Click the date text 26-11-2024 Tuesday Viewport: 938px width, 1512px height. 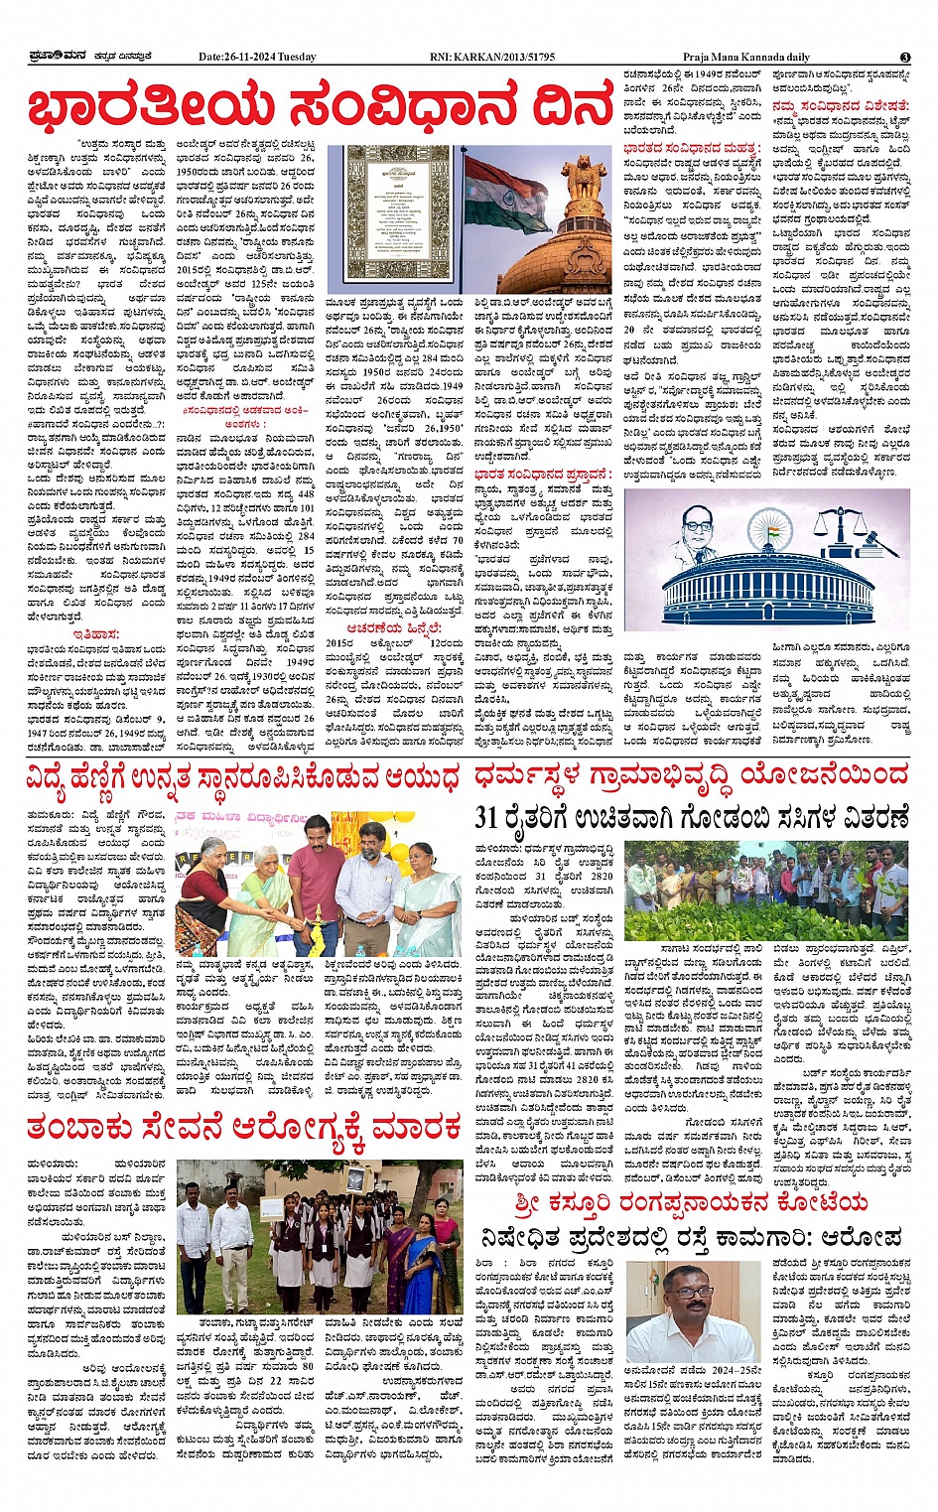click(x=257, y=57)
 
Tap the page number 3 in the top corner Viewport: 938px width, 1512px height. click(x=905, y=58)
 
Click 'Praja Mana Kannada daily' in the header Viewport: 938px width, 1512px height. click(x=745, y=57)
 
